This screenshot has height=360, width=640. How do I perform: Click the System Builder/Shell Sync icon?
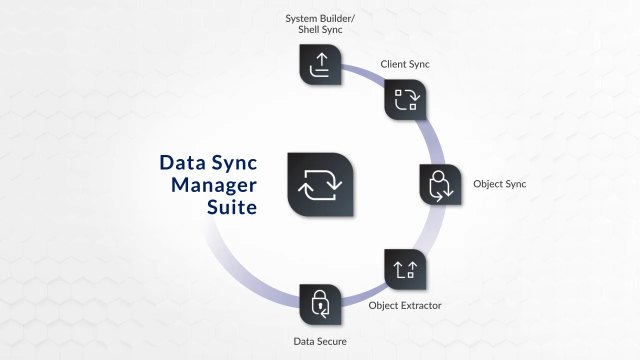(320, 65)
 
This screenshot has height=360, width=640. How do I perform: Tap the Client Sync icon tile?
(405, 99)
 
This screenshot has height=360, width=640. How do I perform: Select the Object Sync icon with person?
(440, 184)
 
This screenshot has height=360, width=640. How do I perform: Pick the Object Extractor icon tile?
(405, 269)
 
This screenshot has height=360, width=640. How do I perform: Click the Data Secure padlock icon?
(320, 304)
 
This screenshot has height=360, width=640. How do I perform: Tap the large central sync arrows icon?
(320, 184)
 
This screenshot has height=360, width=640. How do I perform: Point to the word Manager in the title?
(214, 185)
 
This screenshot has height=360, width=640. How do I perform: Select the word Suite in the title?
(232, 207)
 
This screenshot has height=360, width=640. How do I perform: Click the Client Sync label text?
(405, 64)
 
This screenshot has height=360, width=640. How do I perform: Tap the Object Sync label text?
(499, 184)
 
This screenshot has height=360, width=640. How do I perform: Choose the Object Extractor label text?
(405, 305)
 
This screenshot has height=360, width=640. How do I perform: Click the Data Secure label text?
(320, 341)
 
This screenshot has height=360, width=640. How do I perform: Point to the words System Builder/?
(320, 18)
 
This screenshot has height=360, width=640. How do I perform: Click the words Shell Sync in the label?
(320, 29)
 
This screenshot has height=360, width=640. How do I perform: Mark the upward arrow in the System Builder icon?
(321, 60)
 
